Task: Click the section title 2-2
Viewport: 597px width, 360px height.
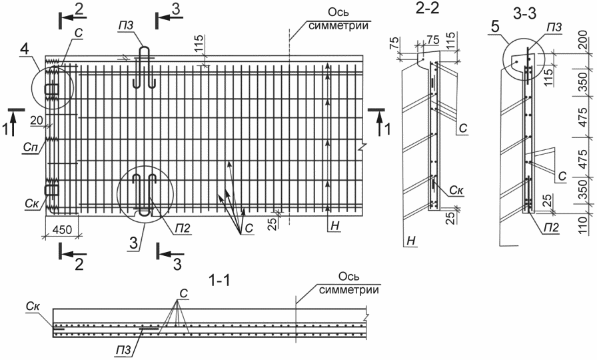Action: point(428,9)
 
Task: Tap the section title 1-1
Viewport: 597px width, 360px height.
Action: point(220,281)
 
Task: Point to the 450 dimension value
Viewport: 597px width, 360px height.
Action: point(62,229)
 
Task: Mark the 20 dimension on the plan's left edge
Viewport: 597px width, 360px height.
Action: point(37,121)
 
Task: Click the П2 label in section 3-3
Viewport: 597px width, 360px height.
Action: point(550,228)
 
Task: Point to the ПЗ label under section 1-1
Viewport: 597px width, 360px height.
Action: point(124,350)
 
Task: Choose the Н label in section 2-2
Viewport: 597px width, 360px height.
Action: point(411,241)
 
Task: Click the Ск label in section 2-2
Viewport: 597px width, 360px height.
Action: point(456,190)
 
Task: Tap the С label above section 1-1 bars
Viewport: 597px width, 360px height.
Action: point(183,293)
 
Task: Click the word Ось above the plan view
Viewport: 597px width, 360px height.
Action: point(338,13)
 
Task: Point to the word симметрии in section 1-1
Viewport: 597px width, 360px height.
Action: point(349,289)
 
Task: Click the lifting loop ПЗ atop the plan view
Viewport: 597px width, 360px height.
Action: point(145,67)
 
